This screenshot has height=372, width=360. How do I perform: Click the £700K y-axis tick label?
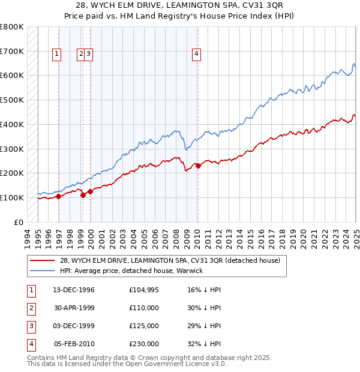[12, 52]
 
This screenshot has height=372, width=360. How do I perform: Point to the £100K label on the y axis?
[12, 197]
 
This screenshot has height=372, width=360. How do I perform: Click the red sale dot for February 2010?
[198, 166]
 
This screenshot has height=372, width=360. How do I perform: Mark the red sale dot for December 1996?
[58, 196]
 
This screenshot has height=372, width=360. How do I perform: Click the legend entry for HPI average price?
[131, 271]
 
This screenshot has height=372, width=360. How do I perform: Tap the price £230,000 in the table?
[143, 344]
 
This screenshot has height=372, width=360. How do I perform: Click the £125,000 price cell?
[143, 326]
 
